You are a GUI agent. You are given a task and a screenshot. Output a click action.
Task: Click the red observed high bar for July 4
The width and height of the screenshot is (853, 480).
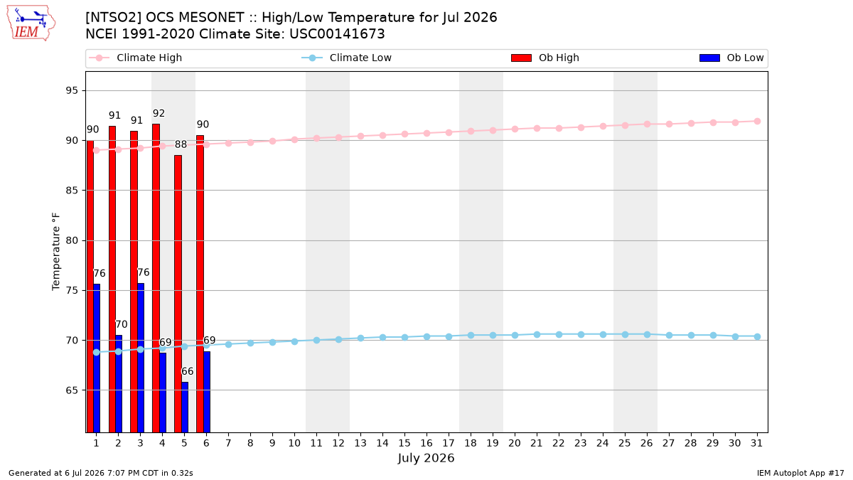156,278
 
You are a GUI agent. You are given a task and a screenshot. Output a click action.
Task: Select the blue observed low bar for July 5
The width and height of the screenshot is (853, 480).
185,407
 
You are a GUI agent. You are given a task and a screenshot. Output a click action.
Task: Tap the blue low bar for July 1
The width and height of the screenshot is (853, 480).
97,358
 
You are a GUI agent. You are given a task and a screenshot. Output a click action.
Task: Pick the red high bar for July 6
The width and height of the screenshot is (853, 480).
200,284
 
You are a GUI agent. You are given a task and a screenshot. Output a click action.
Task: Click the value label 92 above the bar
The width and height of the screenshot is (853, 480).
159,113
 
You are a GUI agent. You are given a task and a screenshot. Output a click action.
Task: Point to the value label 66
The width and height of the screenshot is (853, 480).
188,371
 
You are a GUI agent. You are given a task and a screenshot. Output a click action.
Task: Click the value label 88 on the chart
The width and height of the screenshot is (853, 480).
181,144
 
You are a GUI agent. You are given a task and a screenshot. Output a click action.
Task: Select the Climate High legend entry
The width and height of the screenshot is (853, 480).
135,58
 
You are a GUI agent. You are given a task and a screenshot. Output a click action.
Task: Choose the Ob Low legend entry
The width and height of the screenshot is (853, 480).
731,58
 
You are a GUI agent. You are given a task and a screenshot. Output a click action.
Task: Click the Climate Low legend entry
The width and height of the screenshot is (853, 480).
347,58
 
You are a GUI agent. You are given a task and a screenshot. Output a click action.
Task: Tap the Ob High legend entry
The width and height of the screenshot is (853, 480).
545,58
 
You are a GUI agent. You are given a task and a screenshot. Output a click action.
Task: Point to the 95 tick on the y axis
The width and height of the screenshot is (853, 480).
72,91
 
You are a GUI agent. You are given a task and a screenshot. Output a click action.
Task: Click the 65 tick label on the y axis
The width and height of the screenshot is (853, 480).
72,390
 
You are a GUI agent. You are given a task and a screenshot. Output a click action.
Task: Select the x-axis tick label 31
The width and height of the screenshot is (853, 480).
756,443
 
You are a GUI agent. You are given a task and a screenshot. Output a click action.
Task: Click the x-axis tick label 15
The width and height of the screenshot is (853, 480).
404,443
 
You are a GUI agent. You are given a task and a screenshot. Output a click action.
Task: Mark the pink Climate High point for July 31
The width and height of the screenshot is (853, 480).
757,121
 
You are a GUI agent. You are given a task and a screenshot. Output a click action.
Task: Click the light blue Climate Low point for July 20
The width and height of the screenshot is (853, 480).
515,335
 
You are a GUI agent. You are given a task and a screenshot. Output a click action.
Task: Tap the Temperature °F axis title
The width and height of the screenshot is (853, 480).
56,252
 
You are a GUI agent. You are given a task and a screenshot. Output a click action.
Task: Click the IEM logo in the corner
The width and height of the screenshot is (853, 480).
31,23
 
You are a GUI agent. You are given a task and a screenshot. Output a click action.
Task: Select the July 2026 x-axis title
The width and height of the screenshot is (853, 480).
426,458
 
